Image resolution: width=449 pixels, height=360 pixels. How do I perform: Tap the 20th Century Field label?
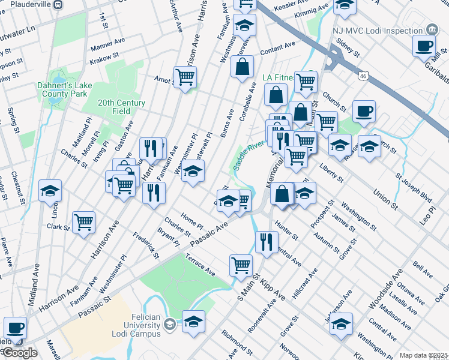122,107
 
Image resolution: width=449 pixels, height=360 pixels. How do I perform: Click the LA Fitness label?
279,77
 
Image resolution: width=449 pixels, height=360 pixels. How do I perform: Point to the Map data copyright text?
423,355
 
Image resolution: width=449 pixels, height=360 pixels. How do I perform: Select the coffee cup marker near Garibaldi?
424,46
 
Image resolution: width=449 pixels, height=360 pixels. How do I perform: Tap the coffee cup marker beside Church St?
364,111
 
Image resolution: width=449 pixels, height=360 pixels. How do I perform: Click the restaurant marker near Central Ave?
267,241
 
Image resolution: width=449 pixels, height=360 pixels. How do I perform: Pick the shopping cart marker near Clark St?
83,222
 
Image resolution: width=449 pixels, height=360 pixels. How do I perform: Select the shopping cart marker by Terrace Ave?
241,264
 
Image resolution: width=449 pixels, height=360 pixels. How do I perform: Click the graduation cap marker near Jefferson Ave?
341,325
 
